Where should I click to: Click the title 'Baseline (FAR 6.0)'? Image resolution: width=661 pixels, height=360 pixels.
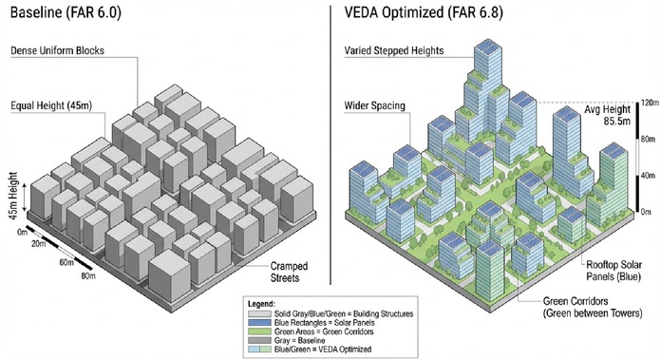point(66,12)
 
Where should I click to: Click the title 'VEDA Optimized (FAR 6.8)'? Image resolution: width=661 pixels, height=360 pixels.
point(424,12)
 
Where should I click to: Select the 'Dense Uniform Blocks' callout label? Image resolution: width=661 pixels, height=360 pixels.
point(57,50)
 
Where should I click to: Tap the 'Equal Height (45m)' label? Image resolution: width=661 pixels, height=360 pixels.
point(51,105)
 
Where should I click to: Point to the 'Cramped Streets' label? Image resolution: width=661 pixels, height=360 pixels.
point(289,272)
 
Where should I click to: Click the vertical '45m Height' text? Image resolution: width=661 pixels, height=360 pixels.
point(13,195)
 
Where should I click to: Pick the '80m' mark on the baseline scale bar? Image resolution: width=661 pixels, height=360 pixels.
point(88,276)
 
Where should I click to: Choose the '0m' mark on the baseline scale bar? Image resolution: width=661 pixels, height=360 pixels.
point(23,232)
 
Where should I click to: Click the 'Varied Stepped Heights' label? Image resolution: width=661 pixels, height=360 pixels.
point(394,50)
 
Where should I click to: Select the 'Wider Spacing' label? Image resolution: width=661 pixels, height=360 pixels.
point(375,105)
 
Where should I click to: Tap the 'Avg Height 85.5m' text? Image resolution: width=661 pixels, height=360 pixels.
point(608,115)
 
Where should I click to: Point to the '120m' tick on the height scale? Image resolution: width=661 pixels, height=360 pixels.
point(650,103)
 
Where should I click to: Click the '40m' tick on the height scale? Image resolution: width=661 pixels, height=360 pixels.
point(648,176)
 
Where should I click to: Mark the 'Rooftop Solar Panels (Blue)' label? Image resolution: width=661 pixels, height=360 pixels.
point(614,271)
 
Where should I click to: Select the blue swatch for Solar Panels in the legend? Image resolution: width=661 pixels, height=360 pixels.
point(259,323)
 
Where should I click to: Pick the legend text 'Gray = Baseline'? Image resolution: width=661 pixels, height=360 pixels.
point(300,340)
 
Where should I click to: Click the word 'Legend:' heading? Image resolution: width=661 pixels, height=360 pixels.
point(261,304)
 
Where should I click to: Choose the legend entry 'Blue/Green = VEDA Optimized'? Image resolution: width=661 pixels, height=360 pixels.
point(323,349)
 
